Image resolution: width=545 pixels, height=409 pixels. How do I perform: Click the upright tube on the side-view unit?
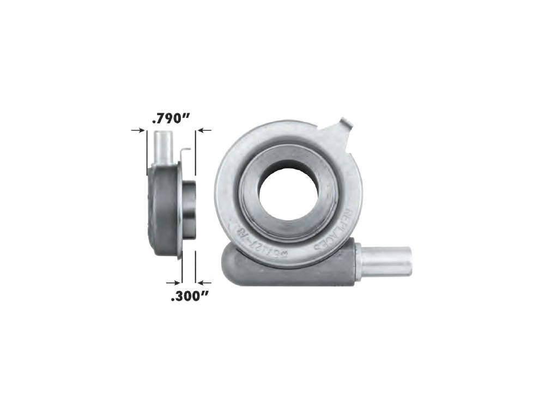click(x=163, y=147)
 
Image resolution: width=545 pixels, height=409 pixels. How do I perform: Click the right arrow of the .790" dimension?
click(x=204, y=130)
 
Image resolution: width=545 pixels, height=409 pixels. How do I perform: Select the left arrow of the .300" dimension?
click(x=174, y=282)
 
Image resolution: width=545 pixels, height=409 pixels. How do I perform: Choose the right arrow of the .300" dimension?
click(x=204, y=282)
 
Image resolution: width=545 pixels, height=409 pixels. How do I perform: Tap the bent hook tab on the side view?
click(x=185, y=153)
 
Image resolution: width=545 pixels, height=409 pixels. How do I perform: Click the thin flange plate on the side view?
click(x=178, y=210)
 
